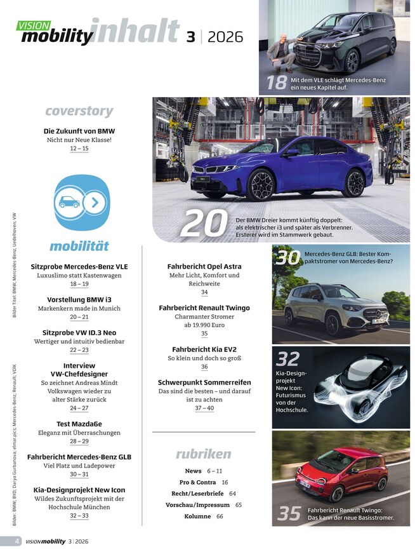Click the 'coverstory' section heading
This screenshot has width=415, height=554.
[x=79, y=112]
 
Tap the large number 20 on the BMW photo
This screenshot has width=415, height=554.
[x=204, y=224]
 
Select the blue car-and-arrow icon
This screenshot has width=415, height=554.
[x=79, y=203]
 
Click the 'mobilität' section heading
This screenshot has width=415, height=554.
[x=79, y=246]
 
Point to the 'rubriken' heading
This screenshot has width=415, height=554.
[x=203, y=454]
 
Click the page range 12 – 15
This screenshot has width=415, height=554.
[x=79, y=149]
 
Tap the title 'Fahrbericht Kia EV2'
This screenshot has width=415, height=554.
[x=204, y=349]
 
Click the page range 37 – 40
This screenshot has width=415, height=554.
[x=204, y=409]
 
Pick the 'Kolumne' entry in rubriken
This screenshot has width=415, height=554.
[x=197, y=517]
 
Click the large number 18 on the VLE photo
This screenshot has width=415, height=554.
[x=277, y=83]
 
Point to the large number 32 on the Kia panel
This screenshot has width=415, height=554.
[x=288, y=360]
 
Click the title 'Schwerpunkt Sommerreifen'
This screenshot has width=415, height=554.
[x=204, y=382]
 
